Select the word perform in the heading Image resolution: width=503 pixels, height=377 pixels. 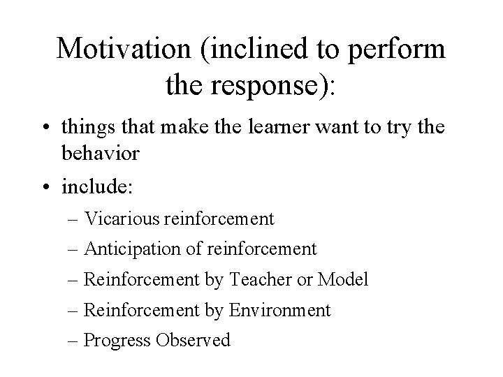tap(402, 50)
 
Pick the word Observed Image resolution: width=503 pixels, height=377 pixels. tap(193, 340)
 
